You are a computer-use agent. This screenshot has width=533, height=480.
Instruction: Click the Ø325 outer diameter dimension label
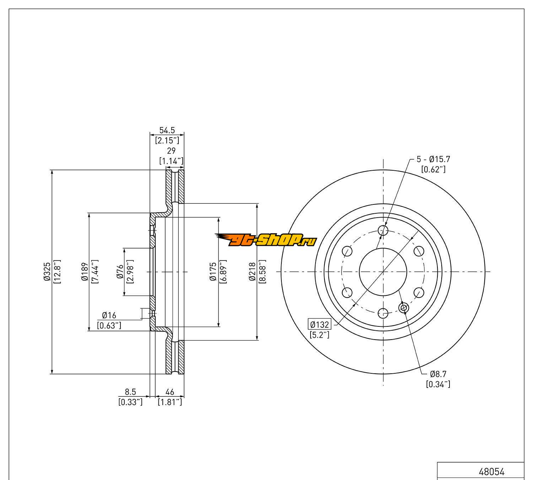47,272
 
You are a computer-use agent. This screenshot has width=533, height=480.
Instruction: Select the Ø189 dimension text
85,272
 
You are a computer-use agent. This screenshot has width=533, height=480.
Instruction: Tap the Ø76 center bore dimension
120,272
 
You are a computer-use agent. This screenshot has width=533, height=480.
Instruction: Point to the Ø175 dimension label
213,272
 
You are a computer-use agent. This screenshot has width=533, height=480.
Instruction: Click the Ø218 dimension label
253,272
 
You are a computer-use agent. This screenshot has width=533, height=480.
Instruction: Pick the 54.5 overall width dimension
167,130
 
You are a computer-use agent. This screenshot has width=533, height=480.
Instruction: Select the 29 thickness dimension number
171,151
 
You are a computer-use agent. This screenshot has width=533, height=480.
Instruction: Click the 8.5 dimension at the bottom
130,392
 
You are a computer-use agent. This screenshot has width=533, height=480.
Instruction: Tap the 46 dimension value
170,392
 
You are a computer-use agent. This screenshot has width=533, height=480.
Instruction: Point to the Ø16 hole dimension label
109,315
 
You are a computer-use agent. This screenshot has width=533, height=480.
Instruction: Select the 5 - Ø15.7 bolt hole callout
433,160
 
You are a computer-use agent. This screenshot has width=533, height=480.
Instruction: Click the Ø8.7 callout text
438,374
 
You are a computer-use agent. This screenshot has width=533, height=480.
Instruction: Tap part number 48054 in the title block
491,472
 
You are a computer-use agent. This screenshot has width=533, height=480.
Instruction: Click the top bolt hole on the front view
383,230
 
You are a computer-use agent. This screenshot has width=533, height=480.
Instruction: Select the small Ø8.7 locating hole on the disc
404,308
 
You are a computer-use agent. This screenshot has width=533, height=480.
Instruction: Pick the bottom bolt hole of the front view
383,313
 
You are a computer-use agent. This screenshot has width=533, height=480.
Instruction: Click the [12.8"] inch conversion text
57,272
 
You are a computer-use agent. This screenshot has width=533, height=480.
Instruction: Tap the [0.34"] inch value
438,384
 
